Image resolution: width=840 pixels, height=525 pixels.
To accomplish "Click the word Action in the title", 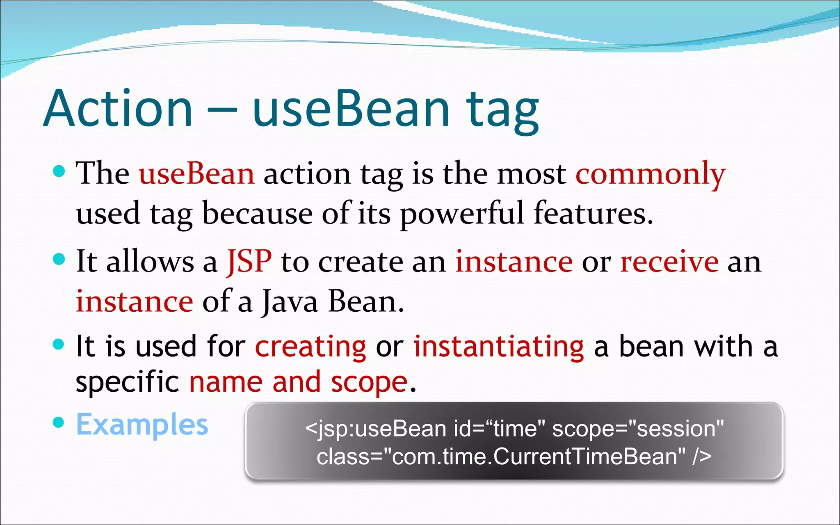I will tap(118, 109).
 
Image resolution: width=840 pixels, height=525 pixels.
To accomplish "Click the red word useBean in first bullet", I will tap(196, 174).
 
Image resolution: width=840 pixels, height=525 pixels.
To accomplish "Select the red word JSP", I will tap(249, 262).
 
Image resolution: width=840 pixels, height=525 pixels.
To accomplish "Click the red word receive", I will tap(669, 262).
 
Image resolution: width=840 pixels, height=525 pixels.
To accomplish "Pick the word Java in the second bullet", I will tap(290, 302).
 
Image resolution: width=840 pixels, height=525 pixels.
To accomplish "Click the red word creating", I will tap(310, 347).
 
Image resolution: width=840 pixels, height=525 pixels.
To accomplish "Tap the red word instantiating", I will tap(498, 347).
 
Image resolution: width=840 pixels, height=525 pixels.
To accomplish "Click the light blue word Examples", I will tap(142, 425).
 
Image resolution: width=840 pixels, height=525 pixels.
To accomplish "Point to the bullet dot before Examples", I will tap(59, 422).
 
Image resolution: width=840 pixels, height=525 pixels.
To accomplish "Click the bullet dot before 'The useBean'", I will tap(59, 171).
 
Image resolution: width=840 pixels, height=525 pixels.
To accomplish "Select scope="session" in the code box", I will tap(638, 429).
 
